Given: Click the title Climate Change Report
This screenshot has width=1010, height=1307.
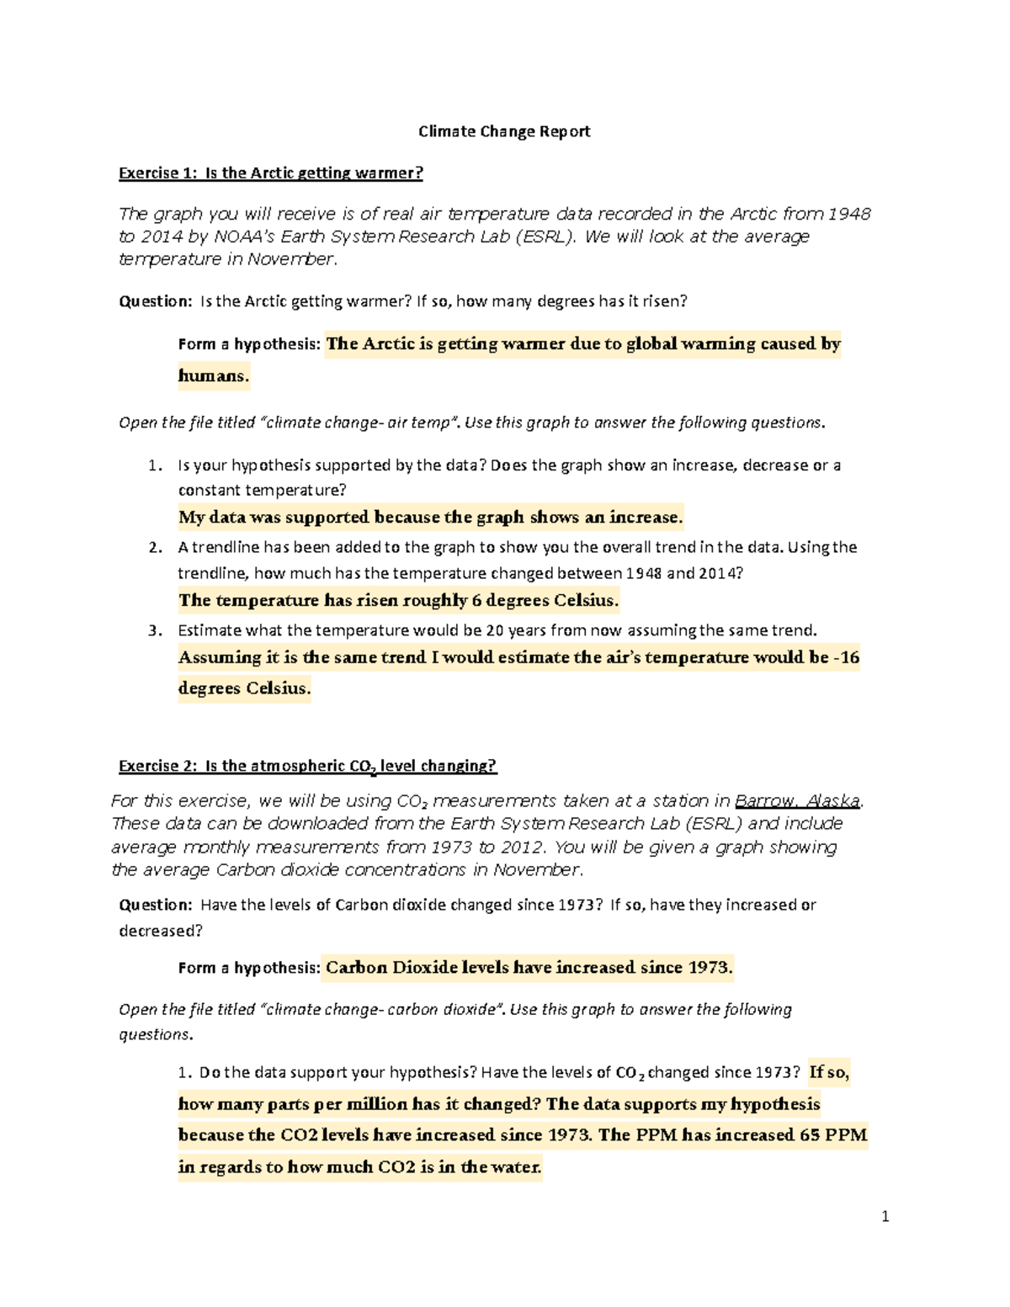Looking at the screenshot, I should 504,131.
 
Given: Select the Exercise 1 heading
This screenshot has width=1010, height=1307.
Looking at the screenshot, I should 270,173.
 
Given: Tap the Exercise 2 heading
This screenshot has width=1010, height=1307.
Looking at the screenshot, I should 307,766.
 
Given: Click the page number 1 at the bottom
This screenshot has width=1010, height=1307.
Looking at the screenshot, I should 885,1216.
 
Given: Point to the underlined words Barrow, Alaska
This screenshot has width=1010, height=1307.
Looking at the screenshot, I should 797,801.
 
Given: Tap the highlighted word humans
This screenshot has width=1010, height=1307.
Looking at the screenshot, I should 213,375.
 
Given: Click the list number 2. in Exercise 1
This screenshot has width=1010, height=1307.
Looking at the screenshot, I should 155,548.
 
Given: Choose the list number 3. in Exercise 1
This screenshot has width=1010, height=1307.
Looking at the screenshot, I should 155,630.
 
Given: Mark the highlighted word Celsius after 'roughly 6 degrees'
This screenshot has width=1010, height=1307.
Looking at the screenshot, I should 586,600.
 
